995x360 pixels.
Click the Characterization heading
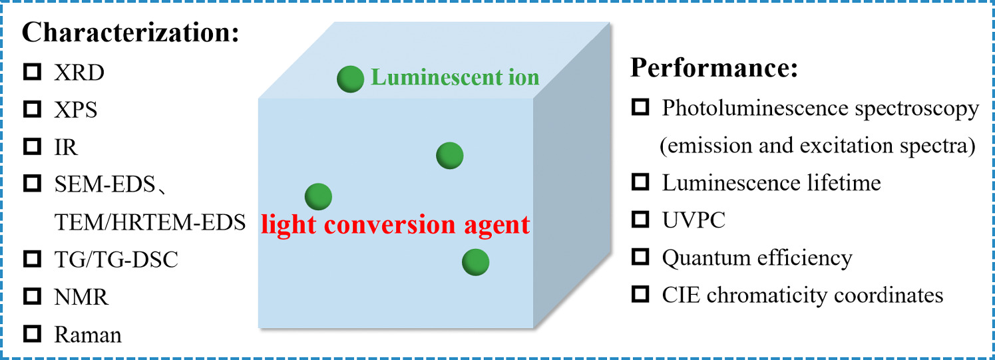pyautogui.click(x=130, y=31)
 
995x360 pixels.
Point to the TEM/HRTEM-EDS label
pyautogui.click(x=150, y=222)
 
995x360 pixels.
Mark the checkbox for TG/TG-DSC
pyautogui.click(x=32, y=259)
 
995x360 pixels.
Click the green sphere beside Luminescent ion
pyautogui.click(x=350, y=79)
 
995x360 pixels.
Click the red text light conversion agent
pyautogui.click(x=395, y=225)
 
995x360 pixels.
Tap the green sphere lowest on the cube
pyautogui.click(x=476, y=262)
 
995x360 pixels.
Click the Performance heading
pyautogui.click(x=714, y=69)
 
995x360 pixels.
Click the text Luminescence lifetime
pyautogui.click(x=771, y=182)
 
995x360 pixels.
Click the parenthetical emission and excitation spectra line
pyautogui.click(x=817, y=145)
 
